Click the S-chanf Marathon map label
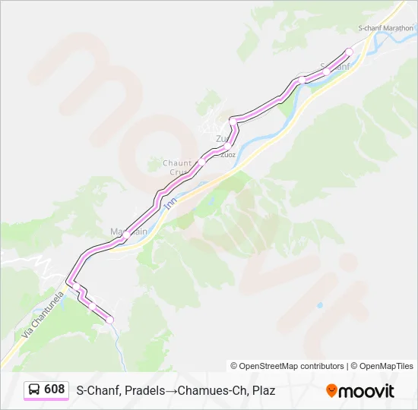385,28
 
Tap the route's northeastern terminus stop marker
350,52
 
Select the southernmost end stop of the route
109,320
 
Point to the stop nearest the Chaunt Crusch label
201,162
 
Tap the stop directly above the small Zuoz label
227,147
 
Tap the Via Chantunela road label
38,317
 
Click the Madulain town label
128,231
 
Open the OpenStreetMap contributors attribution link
287,366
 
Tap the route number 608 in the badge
55,389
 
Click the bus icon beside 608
35,389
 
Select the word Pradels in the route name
142,390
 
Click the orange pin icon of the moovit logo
331,390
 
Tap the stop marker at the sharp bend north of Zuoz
233,120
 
